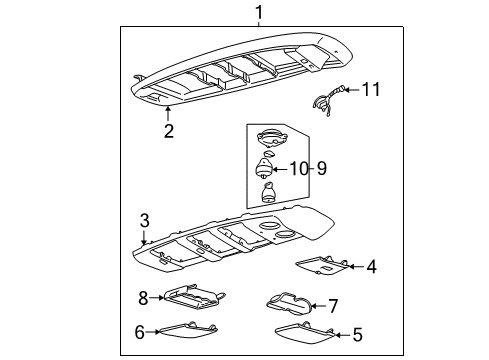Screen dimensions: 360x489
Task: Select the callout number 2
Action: point(168,130)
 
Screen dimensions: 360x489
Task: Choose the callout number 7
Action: point(335,305)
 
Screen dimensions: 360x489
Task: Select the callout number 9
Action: point(321,168)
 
